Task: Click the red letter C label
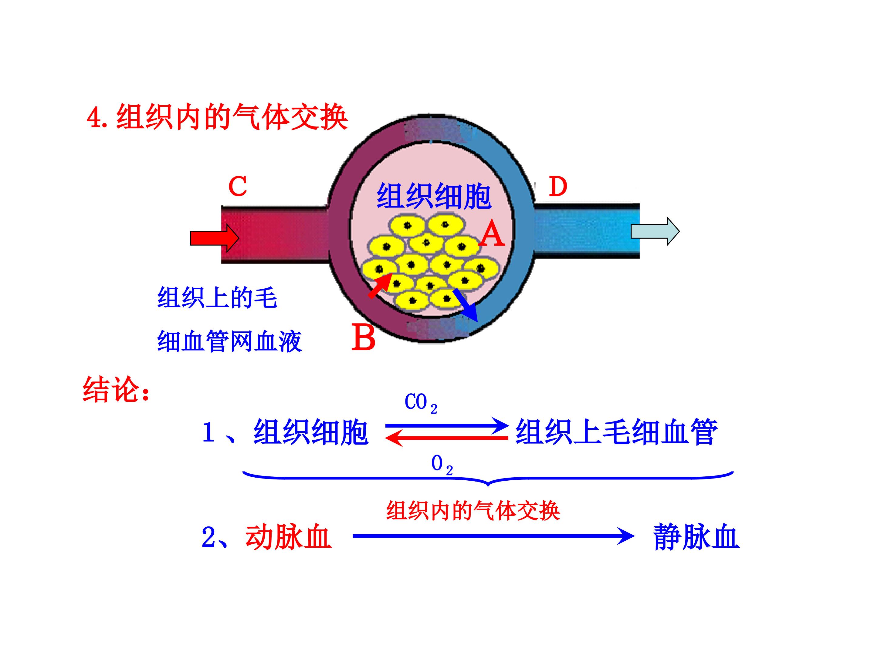click(237, 186)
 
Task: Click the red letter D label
click(557, 187)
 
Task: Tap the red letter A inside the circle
click(492, 234)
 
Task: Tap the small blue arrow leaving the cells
click(466, 305)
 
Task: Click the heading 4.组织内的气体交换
click(217, 117)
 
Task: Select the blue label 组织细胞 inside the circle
click(434, 196)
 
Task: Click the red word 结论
click(116, 390)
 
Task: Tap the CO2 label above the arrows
click(420, 403)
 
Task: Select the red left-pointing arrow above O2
click(446, 438)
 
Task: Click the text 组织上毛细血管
click(616, 432)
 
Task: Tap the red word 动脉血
click(288, 537)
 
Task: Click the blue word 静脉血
click(696, 537)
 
